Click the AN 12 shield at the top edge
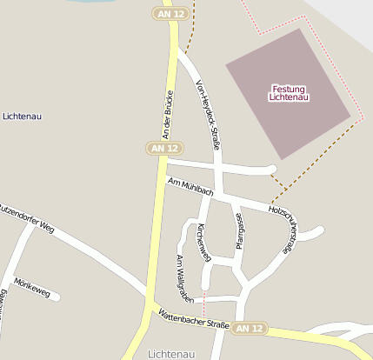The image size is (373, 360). pos(168,14)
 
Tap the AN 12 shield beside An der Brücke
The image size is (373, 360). pos(165,149)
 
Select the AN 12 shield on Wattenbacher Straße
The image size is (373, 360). pos(250,328)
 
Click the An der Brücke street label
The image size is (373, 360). pos(169,114)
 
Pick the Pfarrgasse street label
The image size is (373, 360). pos(240,231)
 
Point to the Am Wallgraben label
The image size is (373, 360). pos(185,277)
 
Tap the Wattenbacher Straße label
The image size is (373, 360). pos(193,319)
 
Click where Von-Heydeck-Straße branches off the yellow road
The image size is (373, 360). pos(181,52)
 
